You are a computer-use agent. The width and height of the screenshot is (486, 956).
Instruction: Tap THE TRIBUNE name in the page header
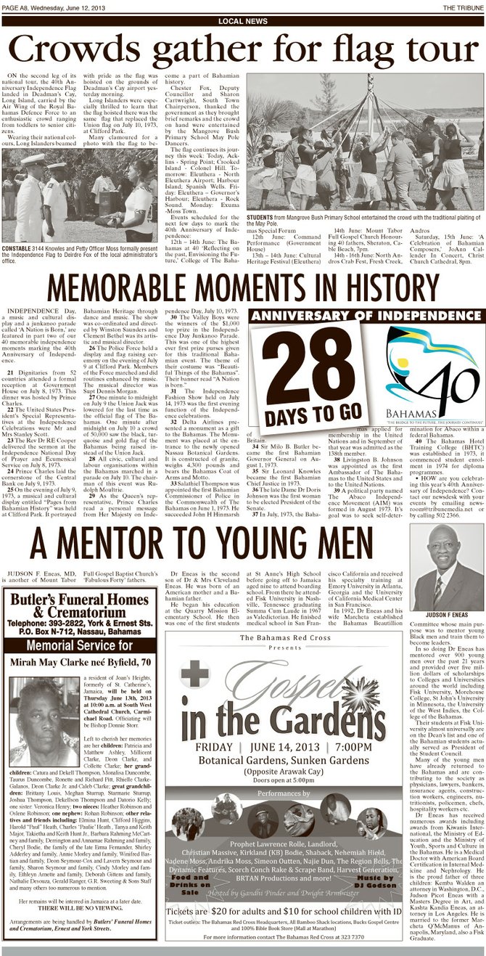[x=461, y=7]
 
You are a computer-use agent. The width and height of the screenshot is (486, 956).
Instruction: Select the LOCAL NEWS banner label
[x=243, y=21]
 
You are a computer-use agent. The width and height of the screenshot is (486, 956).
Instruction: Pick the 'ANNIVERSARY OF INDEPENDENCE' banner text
[x=365, y=316]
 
